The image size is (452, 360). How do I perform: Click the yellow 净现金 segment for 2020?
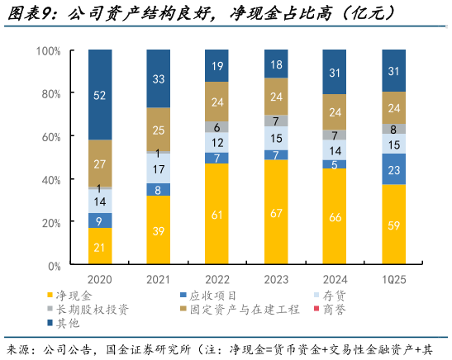[x=100, y=246]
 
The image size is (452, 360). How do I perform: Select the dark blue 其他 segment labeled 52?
[x=100, y=95]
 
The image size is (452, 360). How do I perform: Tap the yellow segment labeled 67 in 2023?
[x=276, y=213]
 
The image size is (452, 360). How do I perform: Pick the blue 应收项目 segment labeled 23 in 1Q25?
[x=393, y=169]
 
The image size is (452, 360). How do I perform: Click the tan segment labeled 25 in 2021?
[x=159, y=130]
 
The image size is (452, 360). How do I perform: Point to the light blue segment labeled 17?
[x=159, y=168]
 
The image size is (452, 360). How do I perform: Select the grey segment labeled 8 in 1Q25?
[x=393, y=129]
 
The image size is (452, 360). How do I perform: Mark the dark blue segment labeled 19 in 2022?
[x=217, y=66]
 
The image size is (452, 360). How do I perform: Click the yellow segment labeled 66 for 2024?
[x=335, y=217]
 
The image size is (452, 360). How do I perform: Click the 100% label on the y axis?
[x=47, y=51]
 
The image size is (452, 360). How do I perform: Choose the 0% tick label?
[x=53, y=266]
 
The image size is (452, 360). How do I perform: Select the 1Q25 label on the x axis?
[x=393, y=279]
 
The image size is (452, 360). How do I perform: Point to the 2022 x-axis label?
[x=217, y=279]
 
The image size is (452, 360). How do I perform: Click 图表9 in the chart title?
[x=31, y=13]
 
